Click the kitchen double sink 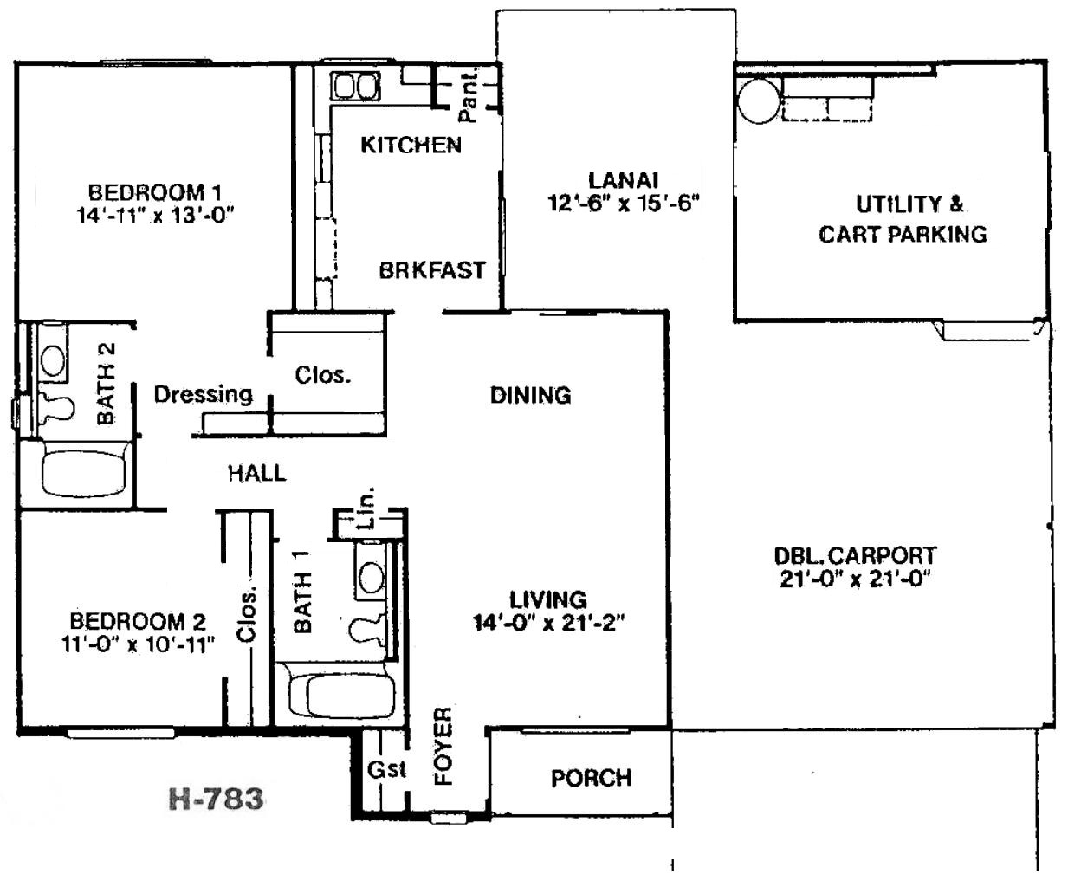pyautogui.click(x=355, y=86)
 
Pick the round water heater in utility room pyautogui.click(x=759, y=101)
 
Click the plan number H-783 pyautogui.click(x=216, y=799)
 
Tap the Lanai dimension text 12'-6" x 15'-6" pyautogui.click(x=624, y=203)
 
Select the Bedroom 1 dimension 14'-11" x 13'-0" pyautogui.click(x=156, y=215)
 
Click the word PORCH pyautogui.click(x=591, y=779)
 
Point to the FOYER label pyautogui.click(x=443, y=746)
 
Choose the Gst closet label pyautogui.click(x=386, y=770)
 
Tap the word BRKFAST pyautogui.click(x=432, y=270)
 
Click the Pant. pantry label pyautogui.click(x=469, y=95)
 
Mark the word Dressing pyautogui.click(x=203, y=394)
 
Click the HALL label pyautogui.click(x=256, y=474)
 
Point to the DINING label pyautogui.click(x=530, y=395)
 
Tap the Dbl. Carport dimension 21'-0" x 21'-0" pyautogui.click(x=855, y=579)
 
